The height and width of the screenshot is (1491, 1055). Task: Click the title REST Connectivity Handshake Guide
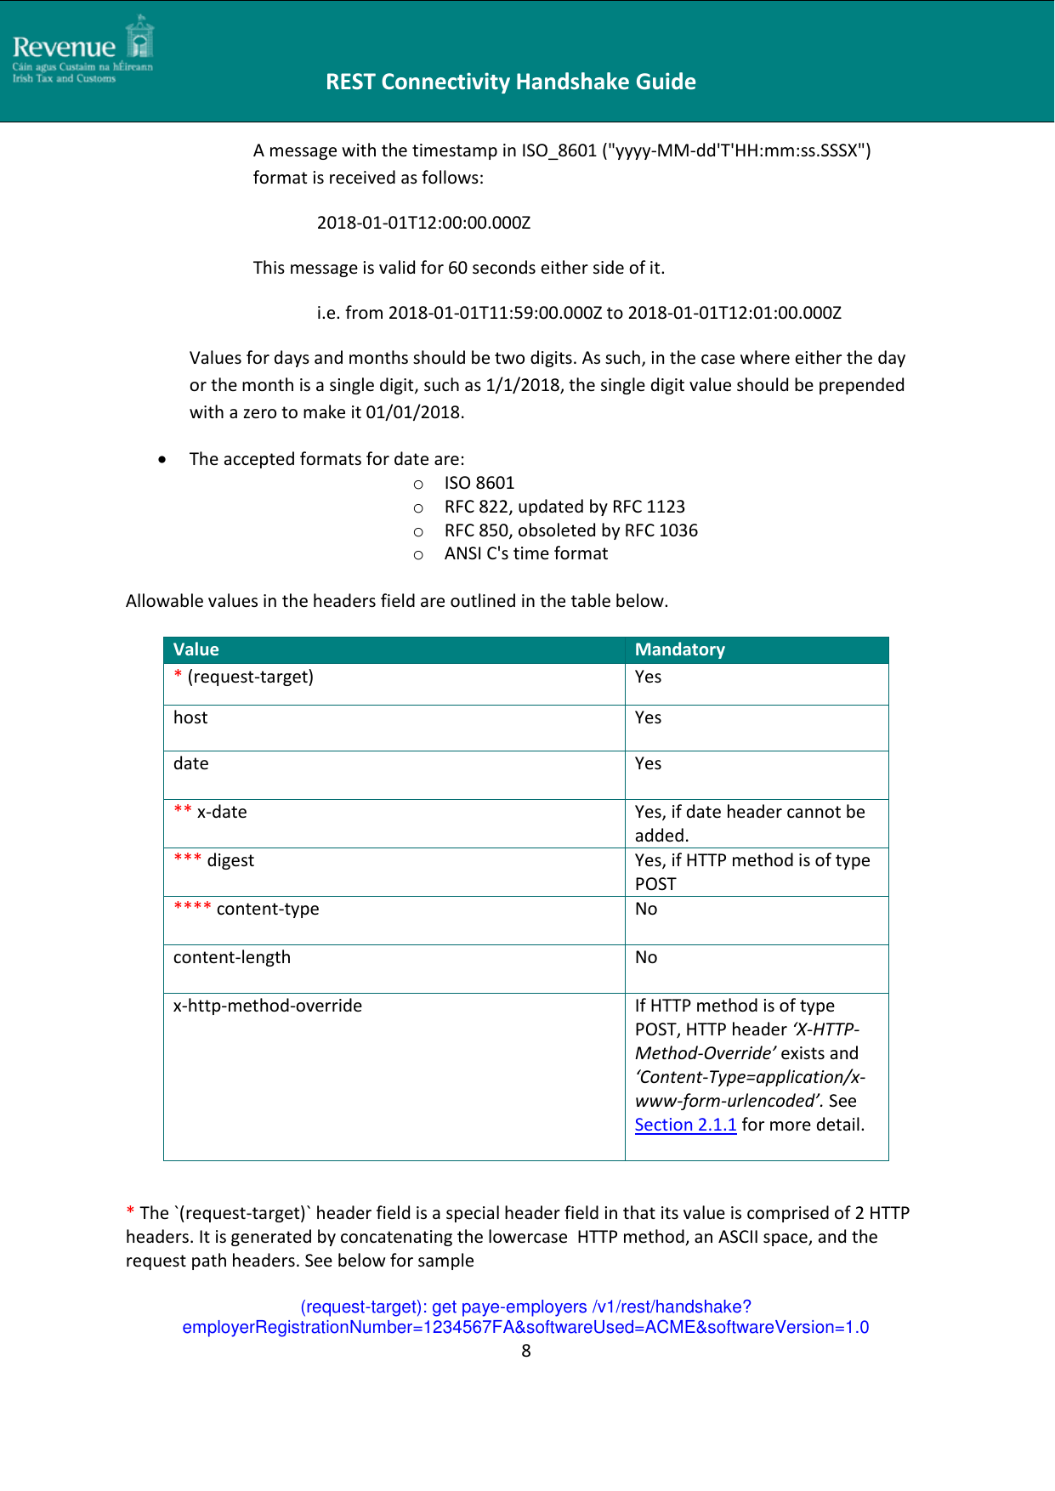click(x=510, y=82)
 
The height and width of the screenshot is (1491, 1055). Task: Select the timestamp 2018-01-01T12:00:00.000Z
click(x=423, y=223)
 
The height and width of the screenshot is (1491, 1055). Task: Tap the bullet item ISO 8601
click(x=479, y=483)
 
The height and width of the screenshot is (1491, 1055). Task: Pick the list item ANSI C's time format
click(x=525, y=553)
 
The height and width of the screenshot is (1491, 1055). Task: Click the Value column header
click(x=196, y=649)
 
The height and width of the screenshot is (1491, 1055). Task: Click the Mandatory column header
click(x=679, y=649)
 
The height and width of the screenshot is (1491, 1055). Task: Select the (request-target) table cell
click(x=250, y=677)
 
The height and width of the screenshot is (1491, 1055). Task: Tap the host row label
click(x=190, y=717)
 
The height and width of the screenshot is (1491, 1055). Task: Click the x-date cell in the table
click(x=222, y=812)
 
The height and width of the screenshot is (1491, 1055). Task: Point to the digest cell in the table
click(x=230, y=860)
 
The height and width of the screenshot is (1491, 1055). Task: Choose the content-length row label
click(x=232, y=957)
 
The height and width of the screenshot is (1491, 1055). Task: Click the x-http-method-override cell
click(x=268, y=1006)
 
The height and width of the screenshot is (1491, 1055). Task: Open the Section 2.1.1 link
click(x=685, y=1125)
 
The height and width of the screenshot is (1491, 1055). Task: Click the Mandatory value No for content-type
click(x=646, y=909)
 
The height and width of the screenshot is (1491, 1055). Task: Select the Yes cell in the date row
click(x=648, y=763)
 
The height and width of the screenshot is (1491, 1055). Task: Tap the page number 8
click(x=526, y=1351)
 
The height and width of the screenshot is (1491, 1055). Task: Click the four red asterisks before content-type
click(x=192, y=907)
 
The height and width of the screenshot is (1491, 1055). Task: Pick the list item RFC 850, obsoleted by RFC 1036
click(x=570, y=530)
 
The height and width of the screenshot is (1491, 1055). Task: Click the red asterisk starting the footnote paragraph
click(x=130, y=1211)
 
